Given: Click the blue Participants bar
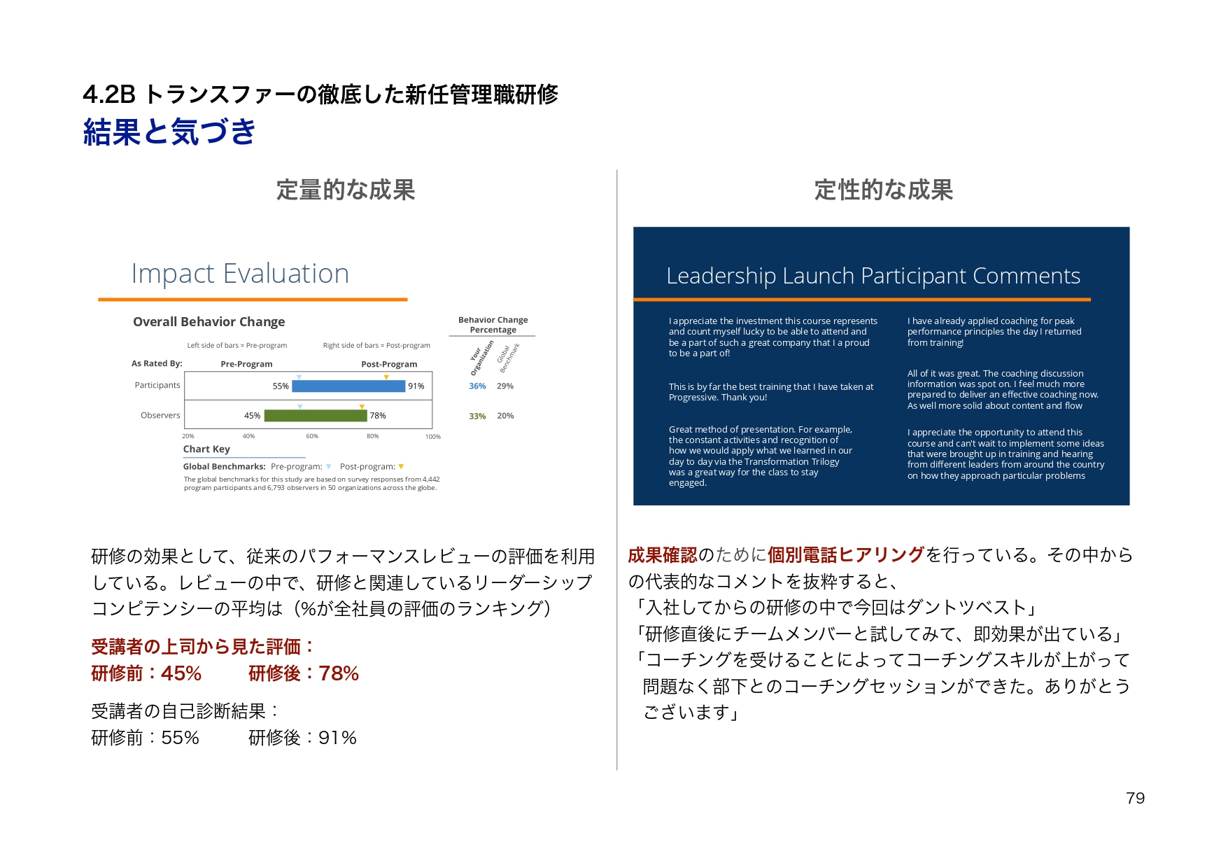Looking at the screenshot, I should click(x=348, y=386).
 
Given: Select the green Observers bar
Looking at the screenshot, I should click(x=316, y=416).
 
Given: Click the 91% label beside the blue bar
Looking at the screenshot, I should click(x=416, y=386).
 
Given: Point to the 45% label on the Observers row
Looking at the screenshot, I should click(x=252, y=416).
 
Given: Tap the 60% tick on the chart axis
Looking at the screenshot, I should click(x=312, y=436).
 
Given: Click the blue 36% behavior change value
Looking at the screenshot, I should click(x=477, y=386).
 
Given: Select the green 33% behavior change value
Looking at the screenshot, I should click(x=477, y=416).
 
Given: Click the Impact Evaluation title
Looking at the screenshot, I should click(x=240, y=274).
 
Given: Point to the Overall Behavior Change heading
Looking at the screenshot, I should click(x=209, y=322).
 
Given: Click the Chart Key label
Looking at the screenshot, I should click(x=206, y=449).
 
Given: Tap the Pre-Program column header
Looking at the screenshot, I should click(x=246, y=364).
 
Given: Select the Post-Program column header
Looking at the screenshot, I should click(x=389, y=364).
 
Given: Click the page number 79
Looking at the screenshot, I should click(x=1135, y=798).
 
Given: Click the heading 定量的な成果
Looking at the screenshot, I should click(x=346, y=190).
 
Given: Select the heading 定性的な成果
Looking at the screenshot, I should click(x=883, y=190).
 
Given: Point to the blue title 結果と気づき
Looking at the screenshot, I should click(x=169, y=132).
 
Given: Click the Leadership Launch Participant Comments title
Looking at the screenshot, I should click(x=873, y=276).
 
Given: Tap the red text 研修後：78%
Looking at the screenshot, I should click(x=304, y=673).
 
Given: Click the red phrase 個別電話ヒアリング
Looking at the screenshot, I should click(x=846, y=555).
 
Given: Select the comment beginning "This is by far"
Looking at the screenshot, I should click(x=770, y=392).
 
